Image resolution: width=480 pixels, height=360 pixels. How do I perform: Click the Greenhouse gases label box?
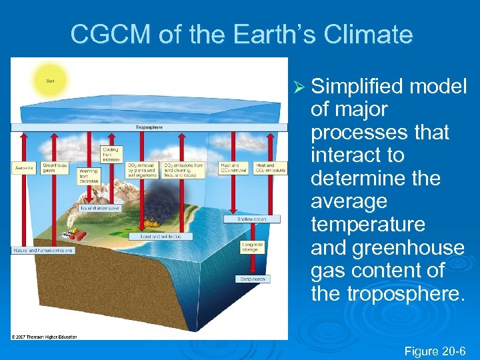(55, 168)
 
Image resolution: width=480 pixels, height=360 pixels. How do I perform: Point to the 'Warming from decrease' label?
(88, 176)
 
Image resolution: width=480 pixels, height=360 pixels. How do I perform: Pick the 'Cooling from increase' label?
(111, 155)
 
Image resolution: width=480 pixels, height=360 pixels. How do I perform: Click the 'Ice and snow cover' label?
(101, 208)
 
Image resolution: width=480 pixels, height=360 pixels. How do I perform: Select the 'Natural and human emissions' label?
(43, 250)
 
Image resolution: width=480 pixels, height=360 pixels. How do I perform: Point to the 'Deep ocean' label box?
(253, 279)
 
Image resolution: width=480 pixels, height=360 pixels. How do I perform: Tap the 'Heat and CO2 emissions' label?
(270, 168)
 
